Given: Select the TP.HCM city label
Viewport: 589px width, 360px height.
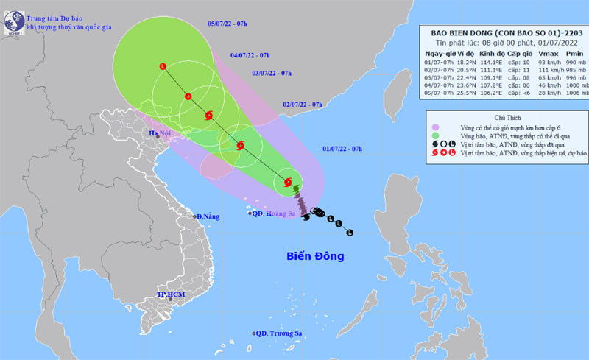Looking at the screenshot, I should [x=170, y=294].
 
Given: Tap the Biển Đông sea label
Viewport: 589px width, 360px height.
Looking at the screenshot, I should [x=315, y=256].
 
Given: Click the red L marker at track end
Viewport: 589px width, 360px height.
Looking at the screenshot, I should [x=163, y=68].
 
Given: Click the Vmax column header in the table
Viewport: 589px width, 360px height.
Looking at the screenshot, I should [x=543, y=54].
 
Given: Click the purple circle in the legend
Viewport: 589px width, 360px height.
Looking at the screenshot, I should [x=437, y=127].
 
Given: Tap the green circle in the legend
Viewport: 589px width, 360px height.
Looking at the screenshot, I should [x=437, y=136].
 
